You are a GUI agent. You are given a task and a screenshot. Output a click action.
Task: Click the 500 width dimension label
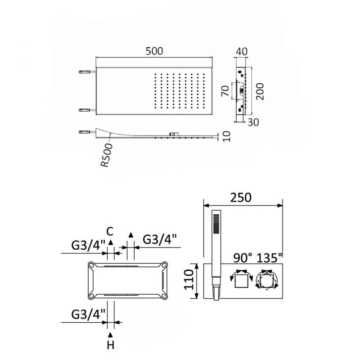[x=154, y=51]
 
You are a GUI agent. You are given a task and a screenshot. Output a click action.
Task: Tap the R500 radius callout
[x=107, y=155]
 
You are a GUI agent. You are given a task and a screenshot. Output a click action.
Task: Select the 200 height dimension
[x=260, y=92]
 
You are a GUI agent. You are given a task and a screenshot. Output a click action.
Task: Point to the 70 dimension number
[x=225, y=91]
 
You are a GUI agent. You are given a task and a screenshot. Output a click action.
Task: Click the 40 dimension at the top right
[x=242, y=51]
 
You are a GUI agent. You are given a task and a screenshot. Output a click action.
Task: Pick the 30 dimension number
[x=253, y=122]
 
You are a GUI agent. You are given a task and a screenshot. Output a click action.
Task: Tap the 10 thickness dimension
[x=226, y=136]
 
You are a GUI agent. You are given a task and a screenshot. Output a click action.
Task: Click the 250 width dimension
[x=241, y=198]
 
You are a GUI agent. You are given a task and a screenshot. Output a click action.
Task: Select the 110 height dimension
[x=189, y=279]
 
